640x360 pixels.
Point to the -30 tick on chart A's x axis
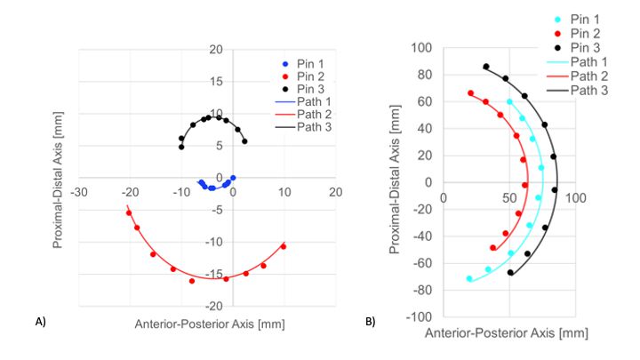[x=79, y=192]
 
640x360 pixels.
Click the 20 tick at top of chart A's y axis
[x=215, y=50]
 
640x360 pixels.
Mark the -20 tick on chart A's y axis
[x=213, y=306]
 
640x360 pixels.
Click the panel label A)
[x=41, y=322]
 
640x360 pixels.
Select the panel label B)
[x=371, y=322]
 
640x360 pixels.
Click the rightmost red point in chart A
[x=284, y=246]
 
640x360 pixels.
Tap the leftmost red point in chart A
[x=129, y=213]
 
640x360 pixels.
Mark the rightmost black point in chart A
[x=244, y=141]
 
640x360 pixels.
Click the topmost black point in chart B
[x=485, y=67]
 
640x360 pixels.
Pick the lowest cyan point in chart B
[x=469, y=279]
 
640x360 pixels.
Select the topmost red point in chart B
[x=470, y=93]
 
